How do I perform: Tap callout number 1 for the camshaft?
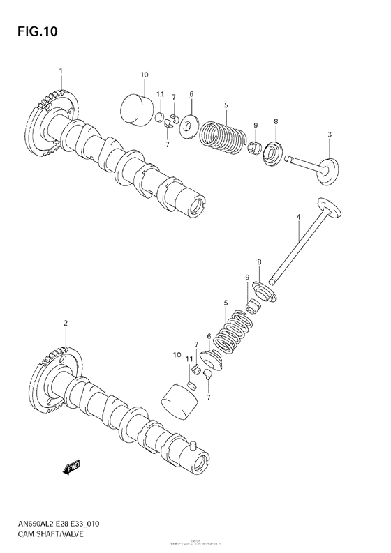(x=61, y=71)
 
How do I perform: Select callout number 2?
(x=65, y=323)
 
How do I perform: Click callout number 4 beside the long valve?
(x=298, y=218)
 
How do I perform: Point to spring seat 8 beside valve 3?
(x=272, y=151)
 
